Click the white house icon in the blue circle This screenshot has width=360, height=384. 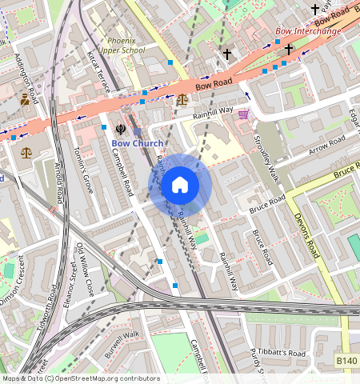tap(180, 185)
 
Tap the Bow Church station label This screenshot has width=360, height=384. tap(137, 144)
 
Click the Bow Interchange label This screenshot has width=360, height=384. tap(308, 31)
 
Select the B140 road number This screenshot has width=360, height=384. tap(346, 362)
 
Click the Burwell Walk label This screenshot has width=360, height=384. tap(122, 344)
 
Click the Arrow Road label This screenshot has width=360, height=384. tap(328, 146)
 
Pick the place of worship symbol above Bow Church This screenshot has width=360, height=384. tap(120, 128)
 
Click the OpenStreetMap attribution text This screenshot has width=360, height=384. tap(81, 378)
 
